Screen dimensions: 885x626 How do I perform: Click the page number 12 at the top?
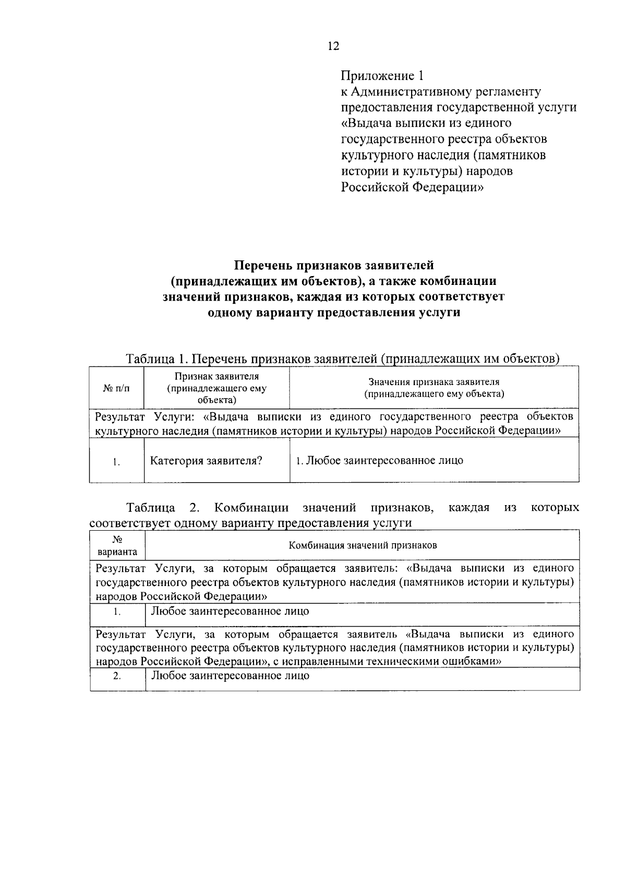point(333,46)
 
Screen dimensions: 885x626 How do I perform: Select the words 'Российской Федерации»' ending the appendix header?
point(413,187)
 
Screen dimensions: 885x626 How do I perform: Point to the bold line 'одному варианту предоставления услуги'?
point(333,313)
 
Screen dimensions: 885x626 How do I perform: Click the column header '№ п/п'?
point(116,388)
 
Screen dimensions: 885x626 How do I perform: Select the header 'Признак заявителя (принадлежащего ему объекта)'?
point(216,388)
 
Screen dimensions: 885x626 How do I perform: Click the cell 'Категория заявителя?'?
point(206,461)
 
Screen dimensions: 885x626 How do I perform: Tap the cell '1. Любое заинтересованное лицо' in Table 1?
point(379,461)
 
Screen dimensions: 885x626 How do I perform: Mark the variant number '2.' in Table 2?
point(117,676)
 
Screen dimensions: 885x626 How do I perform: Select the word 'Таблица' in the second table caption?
point(150,508)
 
